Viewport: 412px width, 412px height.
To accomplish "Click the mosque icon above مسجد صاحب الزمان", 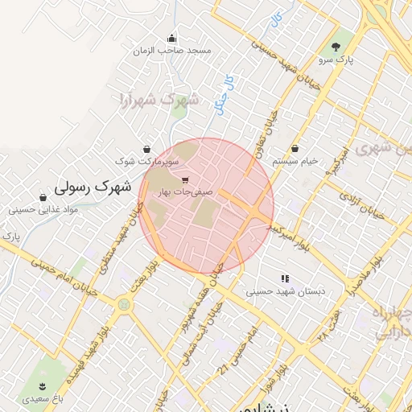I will click(x=171, y=38).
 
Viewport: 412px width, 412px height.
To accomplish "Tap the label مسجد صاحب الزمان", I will click(x=172, y=51).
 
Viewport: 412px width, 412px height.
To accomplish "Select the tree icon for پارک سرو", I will click(x=336, y=46).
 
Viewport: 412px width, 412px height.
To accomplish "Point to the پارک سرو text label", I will click(x=336, y=60).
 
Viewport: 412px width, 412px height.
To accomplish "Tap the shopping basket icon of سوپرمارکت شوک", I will click(x=146, y=149).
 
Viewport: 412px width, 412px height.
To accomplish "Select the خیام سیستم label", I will click(x=295, y=161).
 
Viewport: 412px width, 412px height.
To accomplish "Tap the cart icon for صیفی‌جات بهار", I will click(x=186, y=180).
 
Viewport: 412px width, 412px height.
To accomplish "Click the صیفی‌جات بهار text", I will click(x=186, y=193).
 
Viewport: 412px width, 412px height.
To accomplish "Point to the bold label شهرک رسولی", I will click(x=93, y=187).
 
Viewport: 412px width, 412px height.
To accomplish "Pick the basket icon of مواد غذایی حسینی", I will click(x=43, y=197).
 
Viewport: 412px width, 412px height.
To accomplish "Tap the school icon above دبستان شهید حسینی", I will click(x=284, y=278).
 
